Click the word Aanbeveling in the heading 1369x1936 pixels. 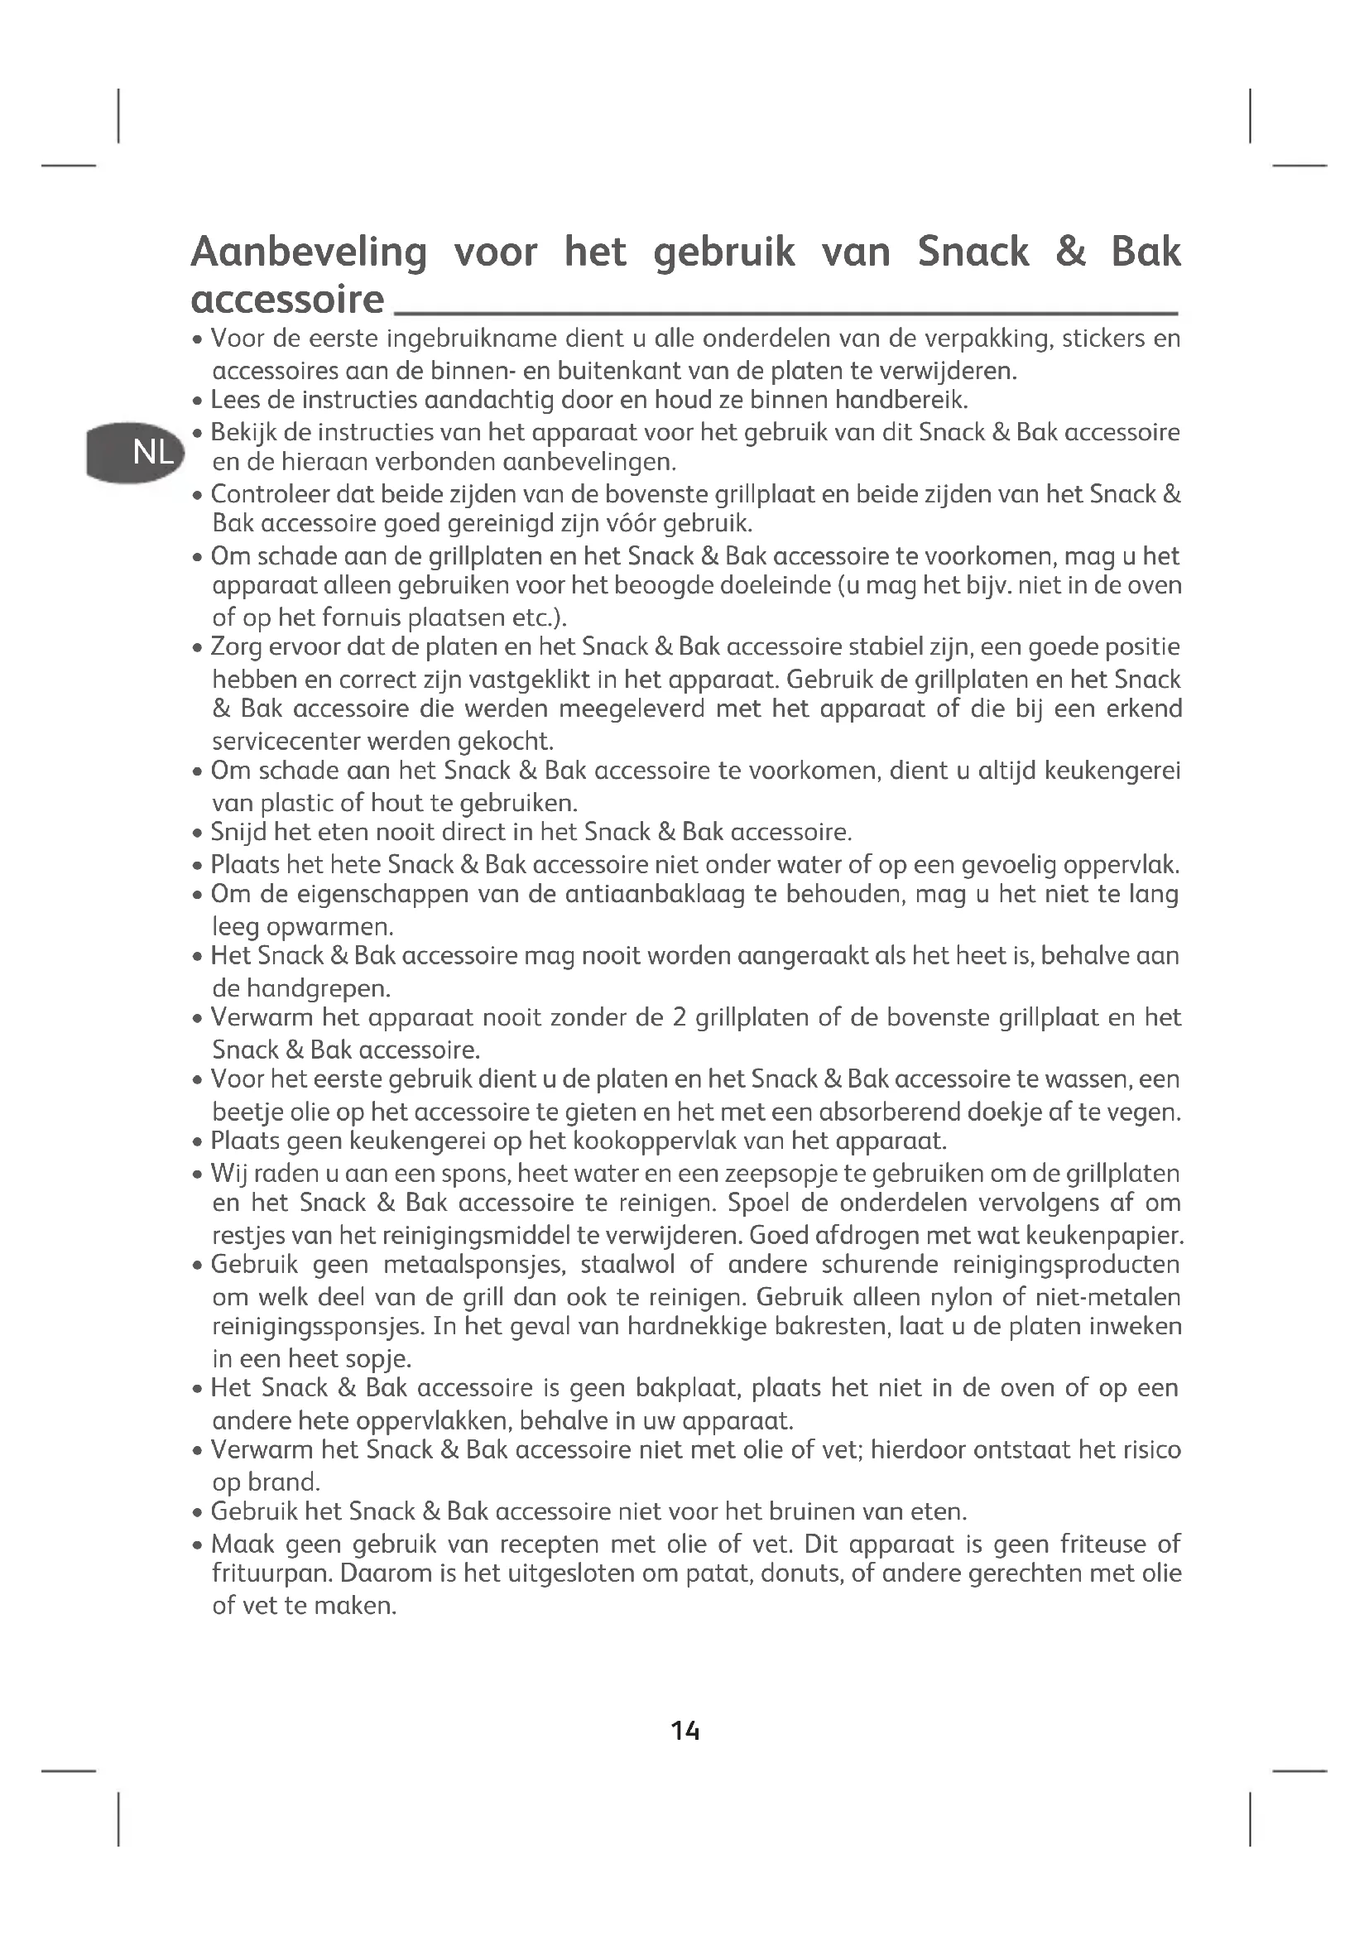tap(310, 253)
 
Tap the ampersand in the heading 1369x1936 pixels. tap(1070, 253)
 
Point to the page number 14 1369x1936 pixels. tap(685, 1731)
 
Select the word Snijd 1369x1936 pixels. tap(238, 833)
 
